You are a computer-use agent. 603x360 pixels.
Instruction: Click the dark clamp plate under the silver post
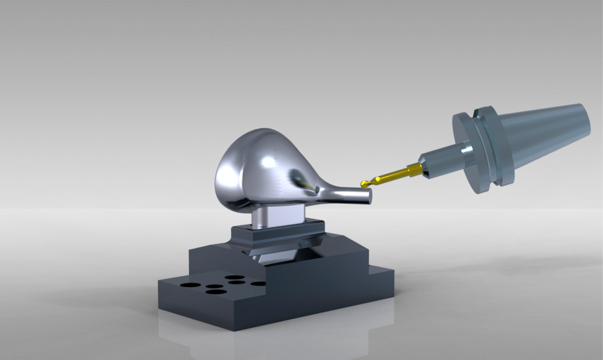(278, 237)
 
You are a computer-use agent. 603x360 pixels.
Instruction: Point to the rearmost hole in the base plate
(235, 277)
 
